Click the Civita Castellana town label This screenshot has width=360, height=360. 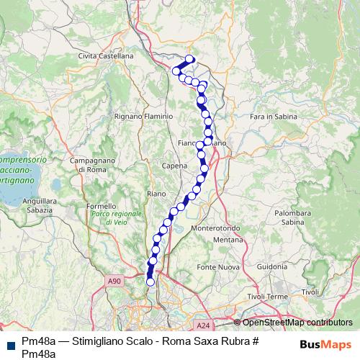pos(107,55)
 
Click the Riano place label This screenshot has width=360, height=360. pos(156,194)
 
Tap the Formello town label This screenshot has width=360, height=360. pos(100,207)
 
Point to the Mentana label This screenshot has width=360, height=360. pos(228,239)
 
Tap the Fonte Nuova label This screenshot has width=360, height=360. pos(217,268)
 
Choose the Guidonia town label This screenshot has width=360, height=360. pos(271,266)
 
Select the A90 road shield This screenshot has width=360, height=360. pos(112,282)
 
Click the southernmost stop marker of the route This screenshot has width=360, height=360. pos(150,282)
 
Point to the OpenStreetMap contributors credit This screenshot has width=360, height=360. pos(294,323)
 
